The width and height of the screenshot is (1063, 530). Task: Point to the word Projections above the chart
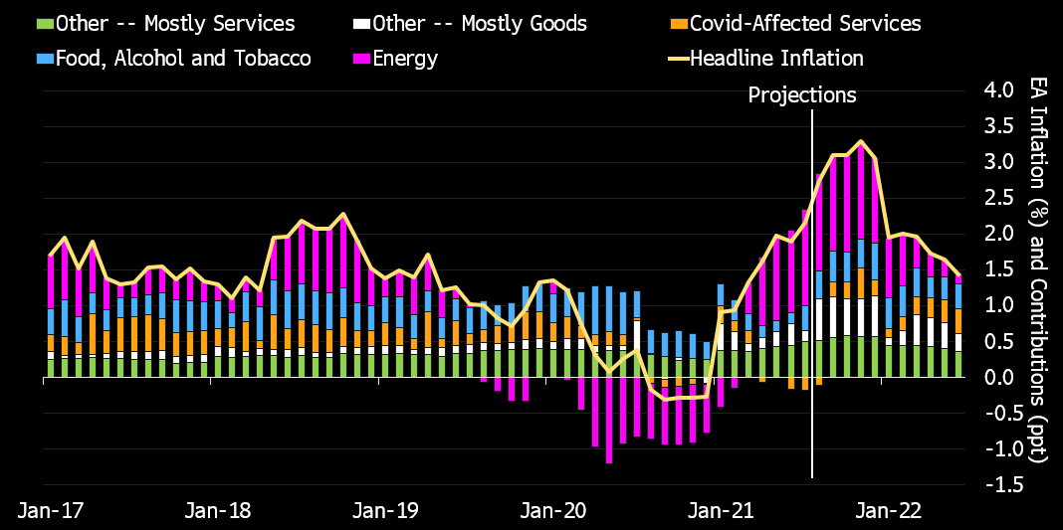pos(802,95)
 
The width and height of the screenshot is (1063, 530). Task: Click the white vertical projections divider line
pos(813,298)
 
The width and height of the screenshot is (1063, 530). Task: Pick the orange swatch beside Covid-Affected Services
pos(678,24)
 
